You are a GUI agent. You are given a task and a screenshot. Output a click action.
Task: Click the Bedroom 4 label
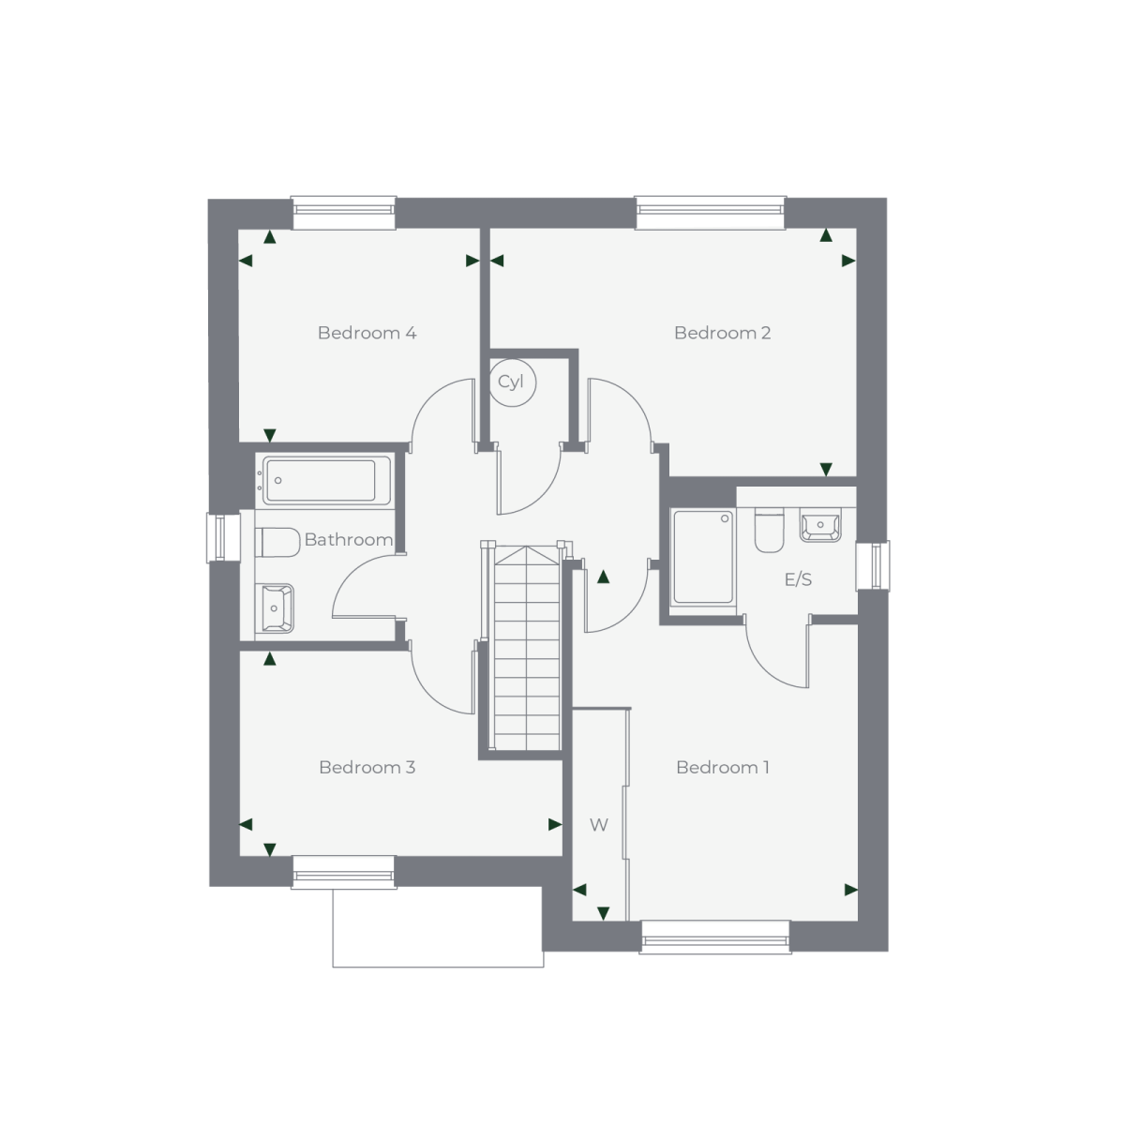[367, 333]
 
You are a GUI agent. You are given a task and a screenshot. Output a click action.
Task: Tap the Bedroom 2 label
[722, 333]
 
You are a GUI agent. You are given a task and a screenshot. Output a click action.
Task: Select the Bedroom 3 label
[367, 767]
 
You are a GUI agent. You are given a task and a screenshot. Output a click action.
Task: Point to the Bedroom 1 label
[722, 767]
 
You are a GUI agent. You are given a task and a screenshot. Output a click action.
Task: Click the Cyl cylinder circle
[512, 382]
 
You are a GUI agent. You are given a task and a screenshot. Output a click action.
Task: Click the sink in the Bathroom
[275, 607]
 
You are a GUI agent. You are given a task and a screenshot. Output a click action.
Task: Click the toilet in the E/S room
[769, 530]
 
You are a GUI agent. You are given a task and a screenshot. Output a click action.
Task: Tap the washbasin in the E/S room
[820, 525]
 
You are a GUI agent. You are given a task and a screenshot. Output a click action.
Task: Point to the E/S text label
[798, 579]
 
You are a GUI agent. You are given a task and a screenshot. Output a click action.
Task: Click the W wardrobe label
[599, 825]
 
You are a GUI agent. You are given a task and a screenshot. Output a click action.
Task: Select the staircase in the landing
[527, 648]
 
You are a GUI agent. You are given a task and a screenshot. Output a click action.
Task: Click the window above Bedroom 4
[344, 213]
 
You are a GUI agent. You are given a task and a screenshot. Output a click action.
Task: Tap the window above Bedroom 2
[711, 213]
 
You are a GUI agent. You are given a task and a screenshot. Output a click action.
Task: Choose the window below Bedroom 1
[715, 937]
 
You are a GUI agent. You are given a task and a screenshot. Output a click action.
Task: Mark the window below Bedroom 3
[344, 872]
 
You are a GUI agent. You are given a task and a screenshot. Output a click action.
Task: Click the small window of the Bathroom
[224, 538]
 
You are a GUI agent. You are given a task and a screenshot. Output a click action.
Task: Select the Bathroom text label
[349, 539]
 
